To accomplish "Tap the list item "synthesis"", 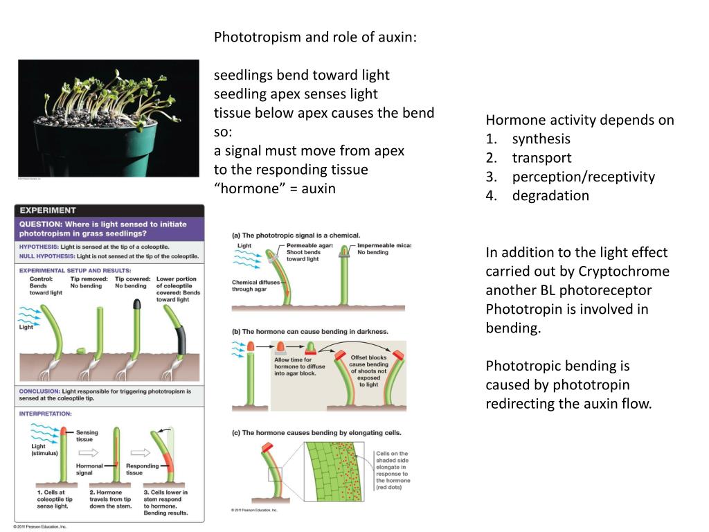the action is point(541,139).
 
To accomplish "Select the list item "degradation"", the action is point(550,195).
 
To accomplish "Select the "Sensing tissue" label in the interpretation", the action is point(87,436).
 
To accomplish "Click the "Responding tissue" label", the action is point(143,470).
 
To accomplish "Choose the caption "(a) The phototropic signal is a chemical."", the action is point(296,236).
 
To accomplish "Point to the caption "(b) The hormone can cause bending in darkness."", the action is point(310,332).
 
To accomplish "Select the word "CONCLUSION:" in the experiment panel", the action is point(39,391).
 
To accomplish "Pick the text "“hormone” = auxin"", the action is point(274,188).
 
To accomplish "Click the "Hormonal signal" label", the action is point(89,470).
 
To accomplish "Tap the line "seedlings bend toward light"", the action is point(301,75).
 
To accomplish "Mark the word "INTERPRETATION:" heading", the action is point(46,414).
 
